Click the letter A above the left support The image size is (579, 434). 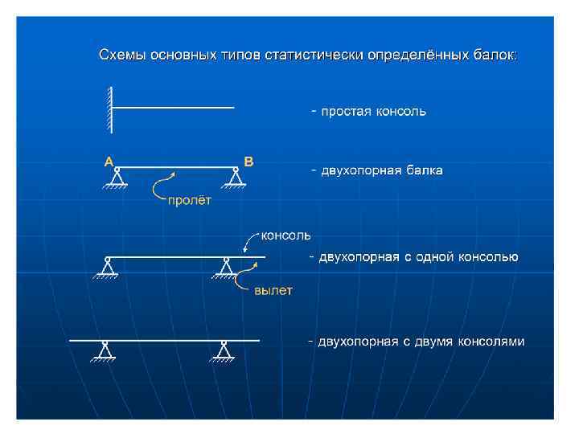(108, 161)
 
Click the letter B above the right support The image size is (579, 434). (248, 161)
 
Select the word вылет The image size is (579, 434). (273, 290)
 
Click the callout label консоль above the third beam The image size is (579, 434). (283, 235)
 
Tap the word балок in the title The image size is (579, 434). (499, 55)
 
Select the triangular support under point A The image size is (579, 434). (117, 179)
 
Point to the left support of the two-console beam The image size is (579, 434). (105, 352)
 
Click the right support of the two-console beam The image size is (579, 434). (224, 352)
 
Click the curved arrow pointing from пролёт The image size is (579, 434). (163, 186)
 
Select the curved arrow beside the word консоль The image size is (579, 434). (248, 241)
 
